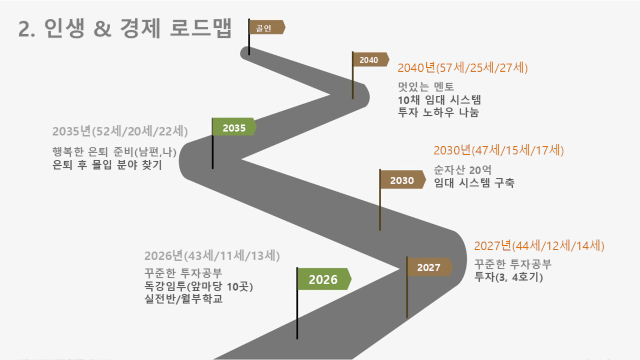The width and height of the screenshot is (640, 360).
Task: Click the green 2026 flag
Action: point(324,279)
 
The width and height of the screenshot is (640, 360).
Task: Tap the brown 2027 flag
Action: point(429,267)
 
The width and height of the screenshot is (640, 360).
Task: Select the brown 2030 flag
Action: point(403,180)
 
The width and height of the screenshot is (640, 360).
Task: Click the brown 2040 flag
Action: point(371,59)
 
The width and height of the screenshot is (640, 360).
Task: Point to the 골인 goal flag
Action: point(266,27)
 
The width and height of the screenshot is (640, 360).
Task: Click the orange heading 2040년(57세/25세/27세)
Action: point(463,68)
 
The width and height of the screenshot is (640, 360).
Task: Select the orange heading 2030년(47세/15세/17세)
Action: point(498,151)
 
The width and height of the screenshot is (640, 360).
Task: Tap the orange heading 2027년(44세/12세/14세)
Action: point(539,246)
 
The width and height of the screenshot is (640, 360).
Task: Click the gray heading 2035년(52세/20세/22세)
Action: point(120,132)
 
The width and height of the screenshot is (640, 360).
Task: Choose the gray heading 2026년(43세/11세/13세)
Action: point(212,256)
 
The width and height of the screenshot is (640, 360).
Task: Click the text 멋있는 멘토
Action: point(426,86)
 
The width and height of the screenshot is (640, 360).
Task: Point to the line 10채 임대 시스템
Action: point(439,100)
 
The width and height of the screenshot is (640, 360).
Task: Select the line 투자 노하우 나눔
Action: point(438,112)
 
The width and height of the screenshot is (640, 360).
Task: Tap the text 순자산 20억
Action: point(463,170)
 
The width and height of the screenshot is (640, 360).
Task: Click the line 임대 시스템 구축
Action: point(474,183)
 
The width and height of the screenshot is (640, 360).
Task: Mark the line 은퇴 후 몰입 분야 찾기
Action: point(107,165)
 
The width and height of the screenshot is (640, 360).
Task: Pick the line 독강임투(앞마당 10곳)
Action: point(198,286)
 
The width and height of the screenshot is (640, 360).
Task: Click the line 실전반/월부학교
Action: point(184,299)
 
